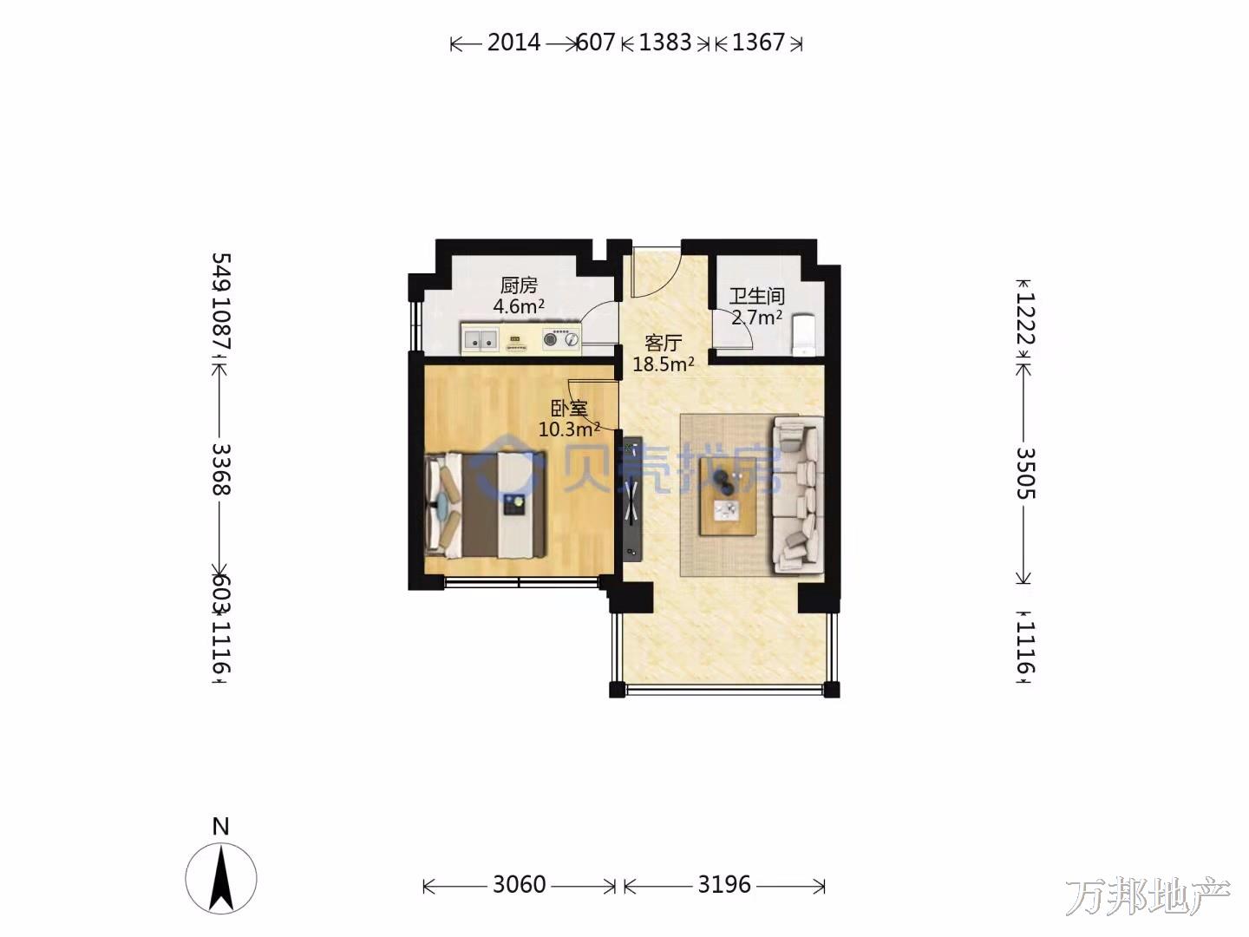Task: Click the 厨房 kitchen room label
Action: tap(519, 285)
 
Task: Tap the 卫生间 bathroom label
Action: tap(757, 296)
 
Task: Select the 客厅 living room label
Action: tap(663, 343)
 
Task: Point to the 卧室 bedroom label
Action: tap(569, 409)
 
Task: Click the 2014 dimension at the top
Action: tap(513, 43)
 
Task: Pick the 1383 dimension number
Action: tap(665, 43)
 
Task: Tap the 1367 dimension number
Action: tap(758, 43)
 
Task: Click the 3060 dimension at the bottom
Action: tap(519, 885)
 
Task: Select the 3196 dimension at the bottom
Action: tap(724, 885)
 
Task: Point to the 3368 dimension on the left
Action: tap(221, 469)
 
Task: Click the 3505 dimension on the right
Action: tap(1025, 474)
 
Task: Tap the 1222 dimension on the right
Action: tap(1025, 318)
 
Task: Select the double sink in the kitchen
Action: tap(481, 339)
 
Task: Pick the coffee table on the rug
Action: tap(728, 496)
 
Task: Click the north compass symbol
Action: tap(221, 878)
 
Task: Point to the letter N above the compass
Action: tap(221, 826)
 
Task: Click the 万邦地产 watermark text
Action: tap(1148, 896)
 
